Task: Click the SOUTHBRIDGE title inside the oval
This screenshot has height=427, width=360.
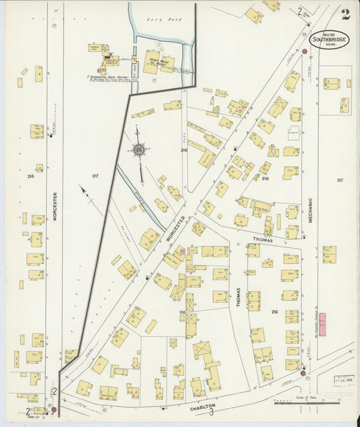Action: (x=330, y=39)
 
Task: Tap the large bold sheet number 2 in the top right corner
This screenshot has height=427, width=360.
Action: (x=345, y=14)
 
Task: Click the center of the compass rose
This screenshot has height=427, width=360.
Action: (x=138, y=149)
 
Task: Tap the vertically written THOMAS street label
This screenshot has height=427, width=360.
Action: (x=238, y=298)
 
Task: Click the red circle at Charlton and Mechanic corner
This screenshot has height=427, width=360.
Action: (x=303, y=372)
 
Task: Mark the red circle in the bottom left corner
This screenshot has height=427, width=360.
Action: (x=53, y=409)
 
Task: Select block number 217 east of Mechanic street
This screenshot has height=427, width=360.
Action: (x=340, y=180)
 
